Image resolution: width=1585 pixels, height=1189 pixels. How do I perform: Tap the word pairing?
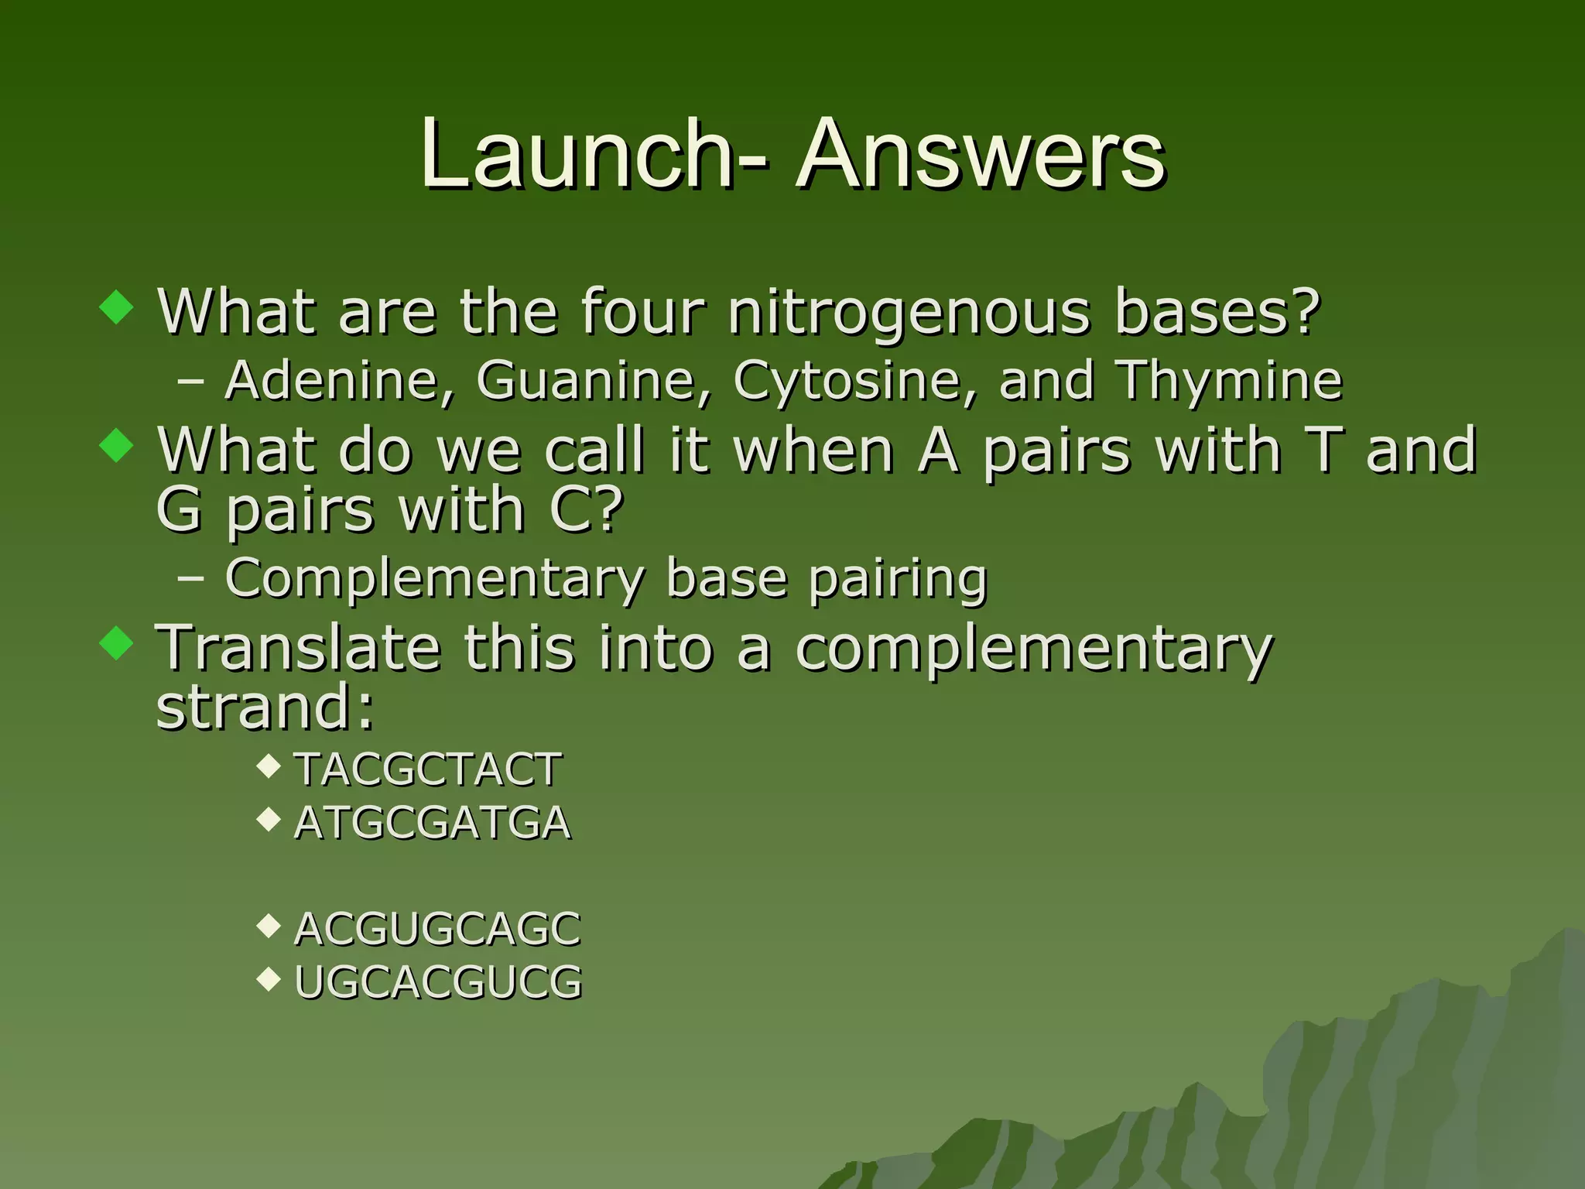click(898, 580)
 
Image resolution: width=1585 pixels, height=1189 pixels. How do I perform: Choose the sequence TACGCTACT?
click(428, 769)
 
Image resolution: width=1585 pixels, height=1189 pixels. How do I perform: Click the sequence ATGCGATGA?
click(433, 822)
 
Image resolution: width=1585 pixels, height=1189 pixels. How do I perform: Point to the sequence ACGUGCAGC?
click(437, 929)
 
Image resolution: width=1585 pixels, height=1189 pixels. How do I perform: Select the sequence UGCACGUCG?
click(438, 982)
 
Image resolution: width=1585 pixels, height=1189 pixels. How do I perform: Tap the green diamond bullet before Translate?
click(117, 642)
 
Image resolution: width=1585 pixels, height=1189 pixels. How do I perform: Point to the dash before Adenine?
click(190, 382)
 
